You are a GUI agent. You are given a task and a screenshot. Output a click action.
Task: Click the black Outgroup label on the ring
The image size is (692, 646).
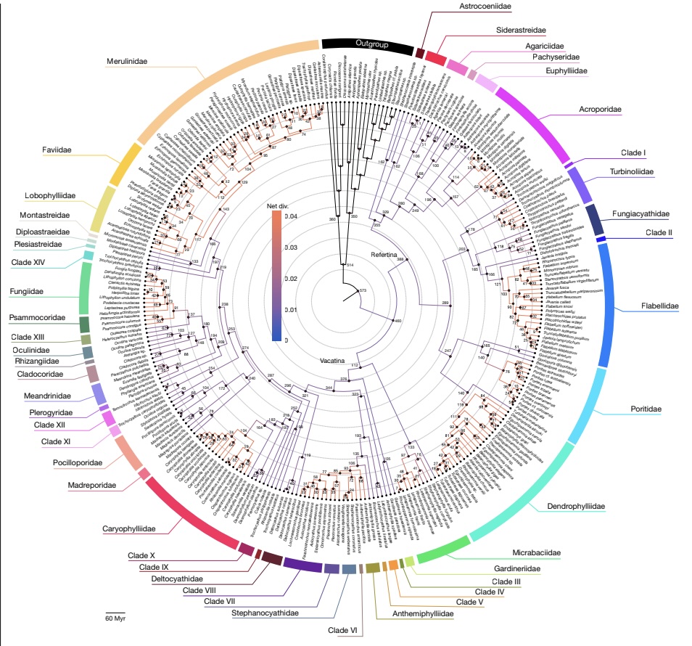pyautogui.click(x=372, y=44)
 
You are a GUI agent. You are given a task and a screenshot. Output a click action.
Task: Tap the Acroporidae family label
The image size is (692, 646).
pyautogui.click(x=600, y=109)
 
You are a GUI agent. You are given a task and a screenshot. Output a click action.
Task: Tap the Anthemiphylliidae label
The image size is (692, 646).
pyautogui.click(x=422, y=614)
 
